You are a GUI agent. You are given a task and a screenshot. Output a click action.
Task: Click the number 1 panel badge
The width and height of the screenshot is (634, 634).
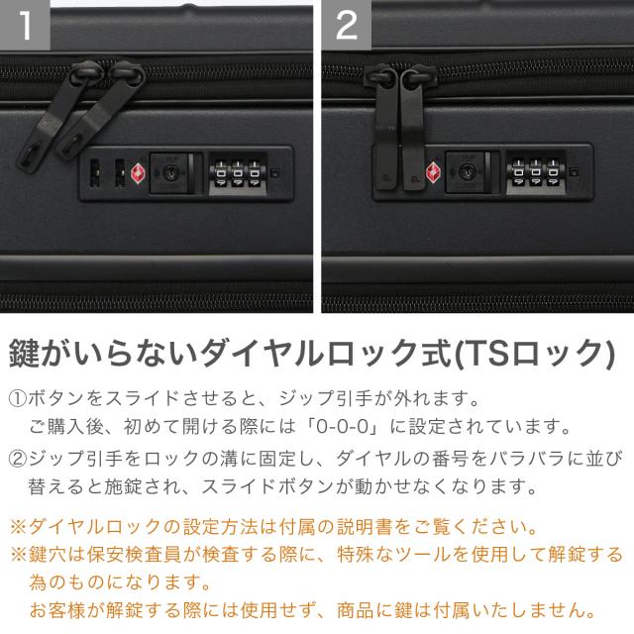tap(25, 25)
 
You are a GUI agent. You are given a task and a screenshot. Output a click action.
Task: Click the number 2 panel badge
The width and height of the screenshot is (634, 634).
tap(347, 25)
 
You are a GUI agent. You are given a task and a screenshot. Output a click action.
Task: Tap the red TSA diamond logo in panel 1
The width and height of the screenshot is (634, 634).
tap(138, 174)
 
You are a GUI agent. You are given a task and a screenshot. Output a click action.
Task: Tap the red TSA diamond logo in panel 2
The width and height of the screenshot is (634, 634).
tap(433, 172)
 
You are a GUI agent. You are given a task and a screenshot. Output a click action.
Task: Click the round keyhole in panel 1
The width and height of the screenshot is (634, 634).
tap(170, 173)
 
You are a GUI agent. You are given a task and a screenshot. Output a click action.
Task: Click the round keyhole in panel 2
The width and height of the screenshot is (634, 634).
tap(466, 171)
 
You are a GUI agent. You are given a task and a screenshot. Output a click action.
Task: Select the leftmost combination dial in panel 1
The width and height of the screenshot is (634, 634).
tap(221, 174)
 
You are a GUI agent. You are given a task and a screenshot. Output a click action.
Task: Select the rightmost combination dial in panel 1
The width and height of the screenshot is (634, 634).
tap(255, 174)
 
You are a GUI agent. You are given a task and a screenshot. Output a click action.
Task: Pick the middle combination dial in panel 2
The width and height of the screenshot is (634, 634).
tap(535, 172)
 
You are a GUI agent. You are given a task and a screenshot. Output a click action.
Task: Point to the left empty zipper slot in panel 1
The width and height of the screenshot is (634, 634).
tap(95, 173)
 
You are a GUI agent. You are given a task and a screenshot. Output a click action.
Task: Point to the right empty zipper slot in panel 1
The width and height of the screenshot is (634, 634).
tap(120, 173)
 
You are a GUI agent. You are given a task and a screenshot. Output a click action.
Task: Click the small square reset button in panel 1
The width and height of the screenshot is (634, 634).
tap(274, 173)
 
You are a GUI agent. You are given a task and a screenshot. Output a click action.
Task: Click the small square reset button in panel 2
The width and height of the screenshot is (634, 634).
tap(574, 171)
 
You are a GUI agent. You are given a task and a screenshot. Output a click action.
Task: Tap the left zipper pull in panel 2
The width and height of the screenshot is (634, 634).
tap(384, 129)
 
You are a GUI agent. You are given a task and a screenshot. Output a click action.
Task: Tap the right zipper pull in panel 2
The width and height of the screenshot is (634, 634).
tap(414, 129)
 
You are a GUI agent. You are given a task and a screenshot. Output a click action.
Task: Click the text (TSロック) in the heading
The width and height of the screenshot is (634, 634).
tap(535, 354)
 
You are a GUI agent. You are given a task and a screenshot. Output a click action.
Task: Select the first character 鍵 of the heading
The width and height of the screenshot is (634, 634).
tap(24, 354)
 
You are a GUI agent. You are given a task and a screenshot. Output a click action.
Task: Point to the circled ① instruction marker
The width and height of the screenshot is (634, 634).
tap(18, 398)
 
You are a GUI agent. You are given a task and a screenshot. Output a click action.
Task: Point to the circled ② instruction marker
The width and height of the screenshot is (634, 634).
tap(18, 459)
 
